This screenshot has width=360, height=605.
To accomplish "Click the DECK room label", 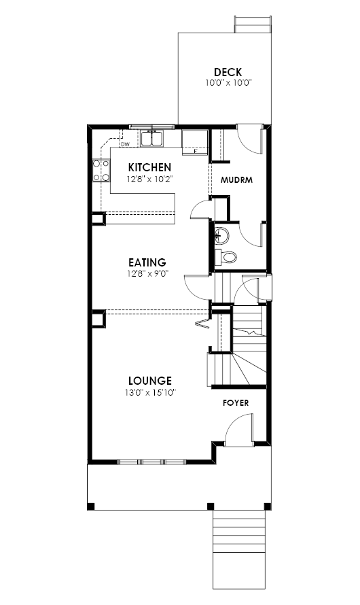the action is (228, 72).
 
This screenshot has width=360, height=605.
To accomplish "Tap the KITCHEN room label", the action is (149, 167).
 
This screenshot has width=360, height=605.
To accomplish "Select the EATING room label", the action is (147, 262).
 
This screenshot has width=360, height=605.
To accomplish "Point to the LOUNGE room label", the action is (150, 381).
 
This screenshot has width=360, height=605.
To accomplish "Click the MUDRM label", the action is (236, 180).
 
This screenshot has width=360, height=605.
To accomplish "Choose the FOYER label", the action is (236, 403).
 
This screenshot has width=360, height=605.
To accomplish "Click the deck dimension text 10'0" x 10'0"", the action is (228, 82).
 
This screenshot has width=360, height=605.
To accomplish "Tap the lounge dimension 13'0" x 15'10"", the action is (150, 393).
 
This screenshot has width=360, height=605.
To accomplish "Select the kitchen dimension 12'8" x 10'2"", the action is (149, 179).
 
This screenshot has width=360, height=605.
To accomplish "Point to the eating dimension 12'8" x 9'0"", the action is (147, 274).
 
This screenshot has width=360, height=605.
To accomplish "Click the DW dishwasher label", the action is (125, 145).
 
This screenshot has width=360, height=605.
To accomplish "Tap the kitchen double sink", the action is (152, 139).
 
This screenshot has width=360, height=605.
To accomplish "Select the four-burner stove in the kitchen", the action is (101, 171).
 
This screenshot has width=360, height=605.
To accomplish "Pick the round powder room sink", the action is (222, 235).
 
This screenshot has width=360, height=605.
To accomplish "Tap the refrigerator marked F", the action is (195, 142).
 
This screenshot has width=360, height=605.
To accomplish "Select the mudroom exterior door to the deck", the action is (251, 139).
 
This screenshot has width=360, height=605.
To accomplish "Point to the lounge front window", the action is (151, 462).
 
